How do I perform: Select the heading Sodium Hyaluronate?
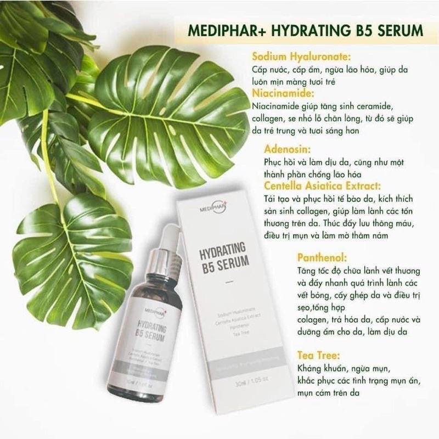[301, 57]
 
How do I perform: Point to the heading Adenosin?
[287, 149]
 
